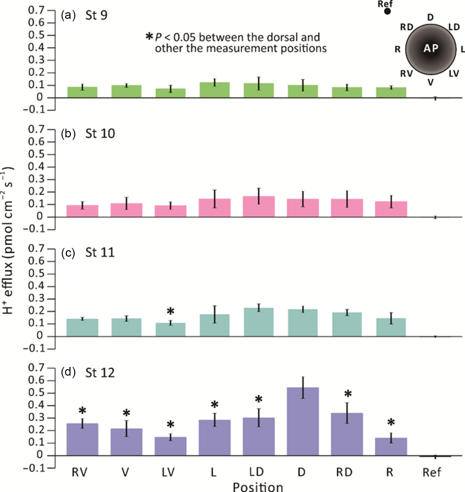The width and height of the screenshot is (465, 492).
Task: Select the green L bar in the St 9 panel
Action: [214, 90]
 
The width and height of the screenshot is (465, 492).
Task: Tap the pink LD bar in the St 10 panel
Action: [259, 207]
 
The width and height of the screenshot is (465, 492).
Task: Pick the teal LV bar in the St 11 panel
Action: [170, 330]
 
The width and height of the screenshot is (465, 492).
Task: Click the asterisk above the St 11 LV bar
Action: [170, 311]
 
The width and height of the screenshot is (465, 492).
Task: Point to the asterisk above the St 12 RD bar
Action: [348, 394]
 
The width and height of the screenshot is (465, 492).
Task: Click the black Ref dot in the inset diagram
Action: [387, 11]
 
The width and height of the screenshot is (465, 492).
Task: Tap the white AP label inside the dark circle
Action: [431, 48]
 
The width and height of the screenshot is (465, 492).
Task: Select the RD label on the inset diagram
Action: [407, 27]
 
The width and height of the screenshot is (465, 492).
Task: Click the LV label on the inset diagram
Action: [454, 74]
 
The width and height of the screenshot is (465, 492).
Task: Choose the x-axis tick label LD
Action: [256, 472]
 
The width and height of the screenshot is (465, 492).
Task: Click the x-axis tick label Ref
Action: [432, 472]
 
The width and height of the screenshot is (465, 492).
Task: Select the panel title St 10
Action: [100, 134]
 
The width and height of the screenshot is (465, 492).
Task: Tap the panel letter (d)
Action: [68, 372]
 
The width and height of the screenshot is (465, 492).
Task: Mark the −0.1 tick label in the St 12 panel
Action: [34, 468]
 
